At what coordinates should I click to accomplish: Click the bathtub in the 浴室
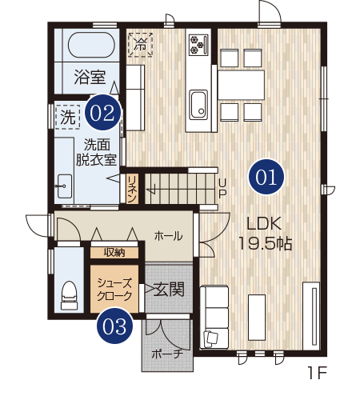[91, 45]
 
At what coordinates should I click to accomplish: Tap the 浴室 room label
[90, 77]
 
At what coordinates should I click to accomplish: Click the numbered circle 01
[266, 177]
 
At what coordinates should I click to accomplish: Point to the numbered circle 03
[114, 326]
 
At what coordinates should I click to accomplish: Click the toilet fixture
[69, 295]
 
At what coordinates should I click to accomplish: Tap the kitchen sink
[198, 105]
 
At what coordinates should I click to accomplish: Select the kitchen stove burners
[198, 45]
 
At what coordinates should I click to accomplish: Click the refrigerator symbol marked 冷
[140, 44]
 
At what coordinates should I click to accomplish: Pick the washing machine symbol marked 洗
[68, 117]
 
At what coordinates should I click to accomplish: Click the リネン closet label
[132, 189]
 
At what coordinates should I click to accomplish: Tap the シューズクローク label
[114, 290]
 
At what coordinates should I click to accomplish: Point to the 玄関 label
[170, 290]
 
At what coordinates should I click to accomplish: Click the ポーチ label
[167, 354]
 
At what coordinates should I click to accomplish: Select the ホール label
[169, 236]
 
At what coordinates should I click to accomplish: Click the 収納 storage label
[114, 252]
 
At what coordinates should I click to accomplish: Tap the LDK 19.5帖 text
[265, 234]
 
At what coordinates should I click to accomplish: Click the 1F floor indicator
[318, 373]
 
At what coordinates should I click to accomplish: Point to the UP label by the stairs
[222, 188]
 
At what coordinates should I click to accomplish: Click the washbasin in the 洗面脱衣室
[64, 186]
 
